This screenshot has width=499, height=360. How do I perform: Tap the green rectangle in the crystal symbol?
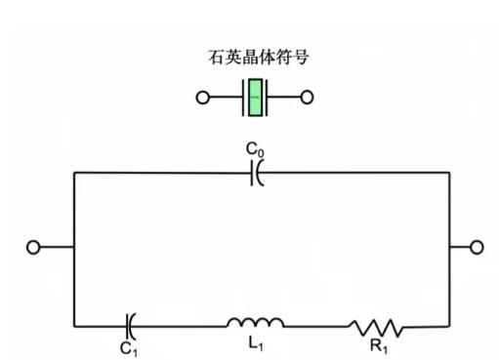pos(255,98)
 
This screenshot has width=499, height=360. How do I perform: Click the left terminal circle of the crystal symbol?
pos(203,98)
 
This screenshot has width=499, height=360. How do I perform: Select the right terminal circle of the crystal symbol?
pos(307,98)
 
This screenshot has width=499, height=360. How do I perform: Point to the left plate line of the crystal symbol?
pos(243,98)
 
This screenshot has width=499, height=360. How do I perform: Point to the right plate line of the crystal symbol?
pos(267,98)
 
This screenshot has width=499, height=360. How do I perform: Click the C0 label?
pos(254,150)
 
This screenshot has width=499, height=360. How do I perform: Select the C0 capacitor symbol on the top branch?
pos(257,173)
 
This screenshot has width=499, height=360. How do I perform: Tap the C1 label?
pos(129,345)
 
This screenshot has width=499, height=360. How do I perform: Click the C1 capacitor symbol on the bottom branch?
pos(131,323)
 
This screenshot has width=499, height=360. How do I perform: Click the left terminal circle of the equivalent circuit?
pos(33,248)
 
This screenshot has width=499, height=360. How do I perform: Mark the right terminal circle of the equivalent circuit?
pos(477,248)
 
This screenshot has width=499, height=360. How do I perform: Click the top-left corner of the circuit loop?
pos(74,173)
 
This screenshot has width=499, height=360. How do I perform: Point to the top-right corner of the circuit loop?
pos(450,173)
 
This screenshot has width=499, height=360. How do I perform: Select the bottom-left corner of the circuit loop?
pos(74,324)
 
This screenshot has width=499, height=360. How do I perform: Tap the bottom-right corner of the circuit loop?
pos(450,324)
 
